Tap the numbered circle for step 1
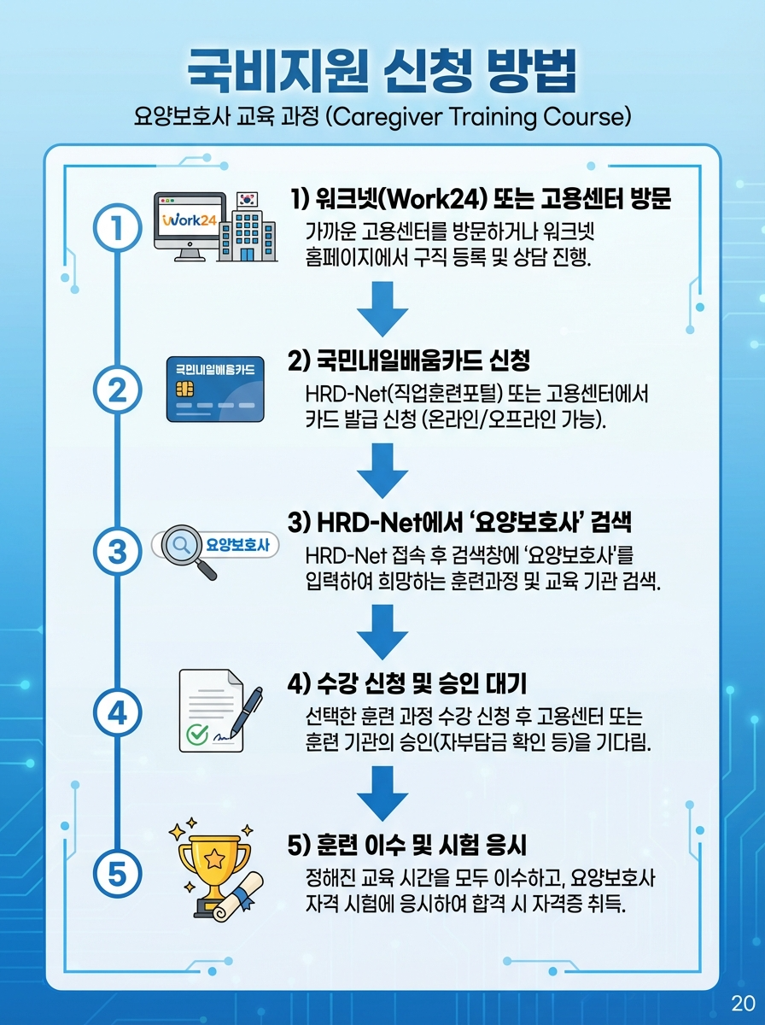pyautogui.click(x=117, y=227)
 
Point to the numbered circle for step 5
pyautogui.click(x=117, y=872)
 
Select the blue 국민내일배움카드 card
pyautogui.click(x=215, y=389)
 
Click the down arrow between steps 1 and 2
pyautogui.click(x=382, y=308)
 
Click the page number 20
pyautogui.click(x=741, y=1003)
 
